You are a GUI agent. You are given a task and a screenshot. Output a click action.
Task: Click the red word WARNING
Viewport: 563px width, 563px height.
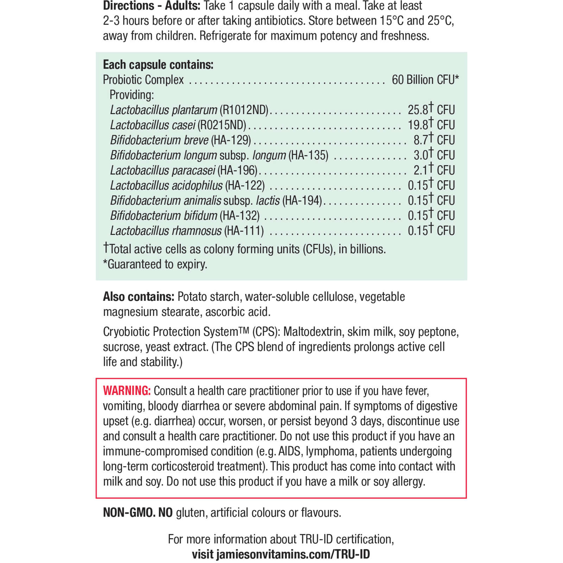point(127,391)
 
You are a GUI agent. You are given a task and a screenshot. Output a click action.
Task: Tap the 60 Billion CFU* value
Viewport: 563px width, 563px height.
point(425,80)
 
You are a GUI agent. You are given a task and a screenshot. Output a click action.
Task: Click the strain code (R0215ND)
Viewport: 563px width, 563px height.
point(222,125)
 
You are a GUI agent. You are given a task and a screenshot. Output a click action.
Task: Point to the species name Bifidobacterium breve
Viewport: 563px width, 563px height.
point(159,140)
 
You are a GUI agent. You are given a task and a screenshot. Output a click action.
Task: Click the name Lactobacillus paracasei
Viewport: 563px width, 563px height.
point(163,170)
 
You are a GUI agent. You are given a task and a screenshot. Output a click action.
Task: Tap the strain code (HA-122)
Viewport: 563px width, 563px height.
point(245,185)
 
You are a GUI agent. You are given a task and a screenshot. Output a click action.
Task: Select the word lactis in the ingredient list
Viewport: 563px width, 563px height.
point(268,201)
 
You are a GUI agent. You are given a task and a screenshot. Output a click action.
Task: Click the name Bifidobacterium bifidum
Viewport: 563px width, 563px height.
point(164,216)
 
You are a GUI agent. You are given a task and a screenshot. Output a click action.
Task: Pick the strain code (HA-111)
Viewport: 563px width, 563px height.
point(244,231)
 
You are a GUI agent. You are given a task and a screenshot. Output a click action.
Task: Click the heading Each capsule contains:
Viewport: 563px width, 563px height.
point(158,65)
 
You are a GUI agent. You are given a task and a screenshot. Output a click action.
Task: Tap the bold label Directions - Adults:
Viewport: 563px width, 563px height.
point(152,6)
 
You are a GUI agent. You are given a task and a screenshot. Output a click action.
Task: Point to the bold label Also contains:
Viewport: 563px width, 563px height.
point(138,297)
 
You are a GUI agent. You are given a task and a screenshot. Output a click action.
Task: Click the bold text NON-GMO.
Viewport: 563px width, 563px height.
point(129,513)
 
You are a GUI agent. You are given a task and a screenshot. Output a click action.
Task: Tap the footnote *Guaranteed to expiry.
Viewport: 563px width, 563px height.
point(155,264)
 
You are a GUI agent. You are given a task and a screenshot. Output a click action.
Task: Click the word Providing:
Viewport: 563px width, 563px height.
point(132,95)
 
